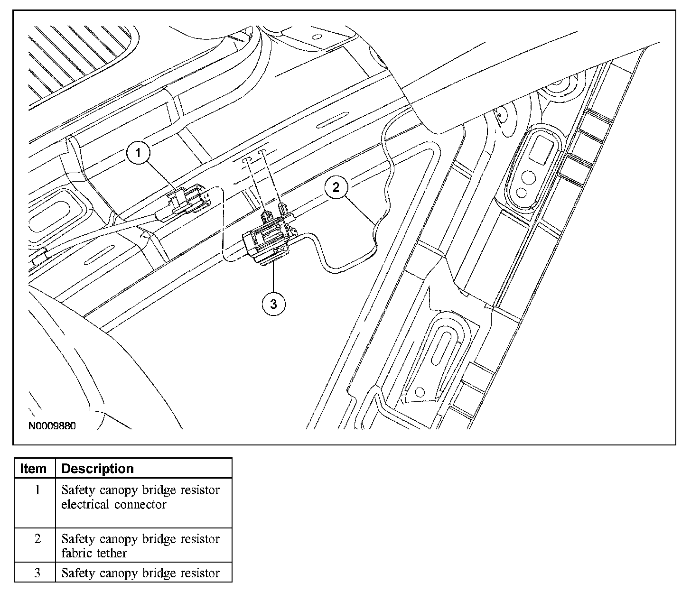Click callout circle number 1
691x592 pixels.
tap(138, 153)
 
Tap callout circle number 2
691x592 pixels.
tap(336, 187)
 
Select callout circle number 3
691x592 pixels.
tap(273, 304)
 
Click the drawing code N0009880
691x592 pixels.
tap(52, 426)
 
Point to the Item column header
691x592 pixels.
tap(34, 469)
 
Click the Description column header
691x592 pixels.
tap(98, 469)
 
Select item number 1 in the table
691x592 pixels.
tap(37, 490)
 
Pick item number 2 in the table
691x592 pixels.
tap(37, 539)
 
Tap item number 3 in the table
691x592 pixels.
tap(37, 573)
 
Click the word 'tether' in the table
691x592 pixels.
tap(113, 553)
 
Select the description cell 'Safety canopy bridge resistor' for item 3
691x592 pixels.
tap(140, 573)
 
